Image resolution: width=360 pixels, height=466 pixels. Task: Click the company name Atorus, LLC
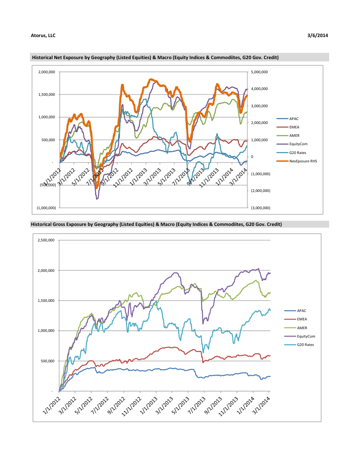click(43, 35)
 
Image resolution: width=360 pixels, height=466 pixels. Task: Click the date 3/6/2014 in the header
click(318, 35)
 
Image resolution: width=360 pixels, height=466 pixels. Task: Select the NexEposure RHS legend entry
click(303, 161)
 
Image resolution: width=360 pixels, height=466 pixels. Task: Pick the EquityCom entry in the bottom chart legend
click(306, 336)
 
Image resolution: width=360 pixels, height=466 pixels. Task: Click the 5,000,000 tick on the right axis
click(259, 72)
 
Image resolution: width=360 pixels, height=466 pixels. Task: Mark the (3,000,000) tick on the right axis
click(260, 207)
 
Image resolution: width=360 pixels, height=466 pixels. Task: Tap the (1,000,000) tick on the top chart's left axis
click(47, 207)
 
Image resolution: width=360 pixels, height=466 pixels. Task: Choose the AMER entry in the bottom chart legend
click(302, 328)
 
